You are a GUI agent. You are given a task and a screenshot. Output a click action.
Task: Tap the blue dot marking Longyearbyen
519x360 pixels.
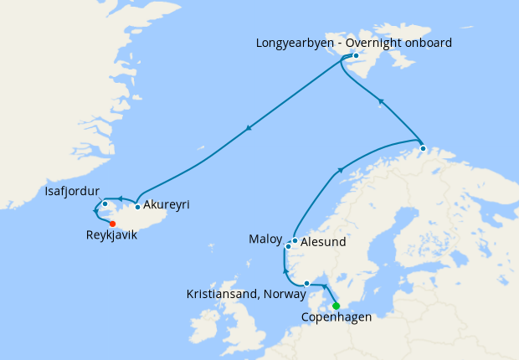(x=356, y=56)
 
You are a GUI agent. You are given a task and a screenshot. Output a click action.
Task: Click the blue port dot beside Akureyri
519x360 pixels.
(x=137, y=206)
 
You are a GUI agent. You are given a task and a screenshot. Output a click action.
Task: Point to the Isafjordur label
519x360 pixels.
(x=73, y=192)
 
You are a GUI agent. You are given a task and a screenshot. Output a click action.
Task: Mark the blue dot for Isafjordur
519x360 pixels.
(x=105, y=204)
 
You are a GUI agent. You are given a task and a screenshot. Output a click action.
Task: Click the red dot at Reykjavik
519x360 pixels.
(x=112, y=224)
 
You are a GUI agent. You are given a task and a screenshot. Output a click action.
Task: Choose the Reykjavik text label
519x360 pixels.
(x=111, y=236)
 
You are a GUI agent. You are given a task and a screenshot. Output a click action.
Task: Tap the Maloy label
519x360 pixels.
(x=265, y=239)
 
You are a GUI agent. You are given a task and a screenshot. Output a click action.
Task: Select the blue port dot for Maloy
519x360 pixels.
(x=288, y=246)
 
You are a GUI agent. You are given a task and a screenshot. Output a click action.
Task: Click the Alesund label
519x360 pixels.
(x=323, y=243)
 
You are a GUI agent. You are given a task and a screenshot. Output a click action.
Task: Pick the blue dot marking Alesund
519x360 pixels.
(x=295, y=240)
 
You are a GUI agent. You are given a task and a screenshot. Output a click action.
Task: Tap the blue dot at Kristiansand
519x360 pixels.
(x=307, y=283)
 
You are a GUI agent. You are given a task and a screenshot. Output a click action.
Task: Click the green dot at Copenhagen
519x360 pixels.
(x=336, y=306)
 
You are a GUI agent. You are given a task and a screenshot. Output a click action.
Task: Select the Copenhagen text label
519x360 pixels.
(x=337, y=318)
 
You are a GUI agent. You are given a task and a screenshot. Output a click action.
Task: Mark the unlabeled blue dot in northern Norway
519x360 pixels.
(x=423, y=149)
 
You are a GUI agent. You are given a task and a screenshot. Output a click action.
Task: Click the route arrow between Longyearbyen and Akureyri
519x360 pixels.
(x=249, y=129)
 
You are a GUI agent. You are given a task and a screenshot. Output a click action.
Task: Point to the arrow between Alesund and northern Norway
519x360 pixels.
(x=341, y=171)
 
